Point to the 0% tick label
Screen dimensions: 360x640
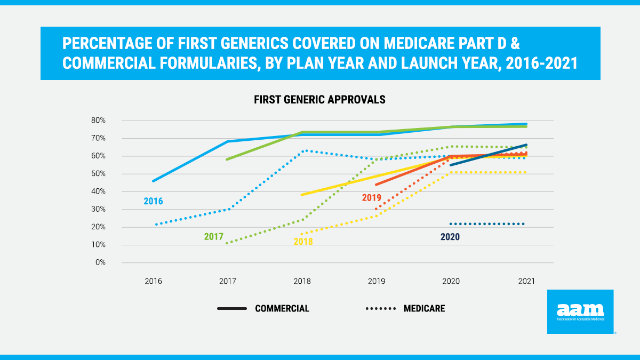click(100, 263)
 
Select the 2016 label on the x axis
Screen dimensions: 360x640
click(153, 281)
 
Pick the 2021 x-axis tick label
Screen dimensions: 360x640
click(526, 281)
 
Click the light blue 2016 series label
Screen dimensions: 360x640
click(153, 202)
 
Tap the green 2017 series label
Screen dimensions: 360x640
click(213, 236)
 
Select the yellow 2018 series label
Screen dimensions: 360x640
click(303, 242)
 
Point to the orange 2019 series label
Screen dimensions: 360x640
click(372, 198)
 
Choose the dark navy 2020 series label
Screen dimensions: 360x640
click(450, 237)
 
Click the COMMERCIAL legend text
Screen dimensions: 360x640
click(282, 309)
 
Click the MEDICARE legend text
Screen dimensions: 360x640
click(424, 309)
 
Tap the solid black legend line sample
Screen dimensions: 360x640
click(232, 309)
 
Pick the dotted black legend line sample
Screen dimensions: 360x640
click(380, 309)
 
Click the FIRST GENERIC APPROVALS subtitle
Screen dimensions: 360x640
click(319, 100)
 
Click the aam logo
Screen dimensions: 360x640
click(580, 311)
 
